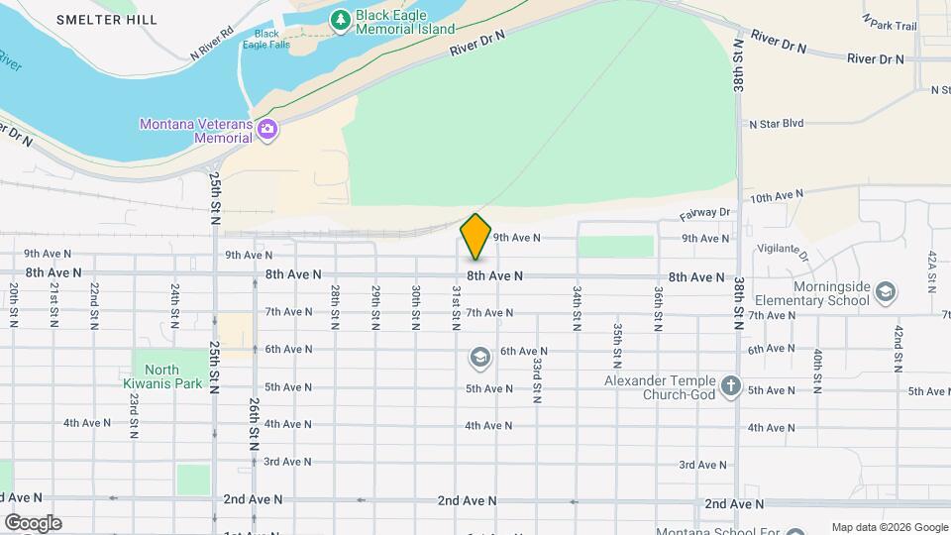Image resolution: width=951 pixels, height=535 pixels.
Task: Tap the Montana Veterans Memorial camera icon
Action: click(x=266, y=130)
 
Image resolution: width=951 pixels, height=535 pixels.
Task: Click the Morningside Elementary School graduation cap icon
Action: click(x=885, y=292)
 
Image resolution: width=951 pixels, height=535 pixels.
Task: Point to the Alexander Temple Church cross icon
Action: click(x=730, y=385)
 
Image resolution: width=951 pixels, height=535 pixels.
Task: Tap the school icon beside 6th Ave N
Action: click(x=479, y=357)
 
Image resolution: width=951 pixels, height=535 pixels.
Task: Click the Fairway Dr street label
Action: click(x=704, y=213)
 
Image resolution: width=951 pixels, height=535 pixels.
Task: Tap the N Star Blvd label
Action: click(x=776, y=124)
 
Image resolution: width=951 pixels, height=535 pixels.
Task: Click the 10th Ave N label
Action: click(x=776, y=198)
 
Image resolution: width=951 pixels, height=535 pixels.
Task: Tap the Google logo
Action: click(x=33, y=522)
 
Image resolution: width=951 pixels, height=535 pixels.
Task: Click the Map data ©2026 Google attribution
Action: click(x=889, y=527)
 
